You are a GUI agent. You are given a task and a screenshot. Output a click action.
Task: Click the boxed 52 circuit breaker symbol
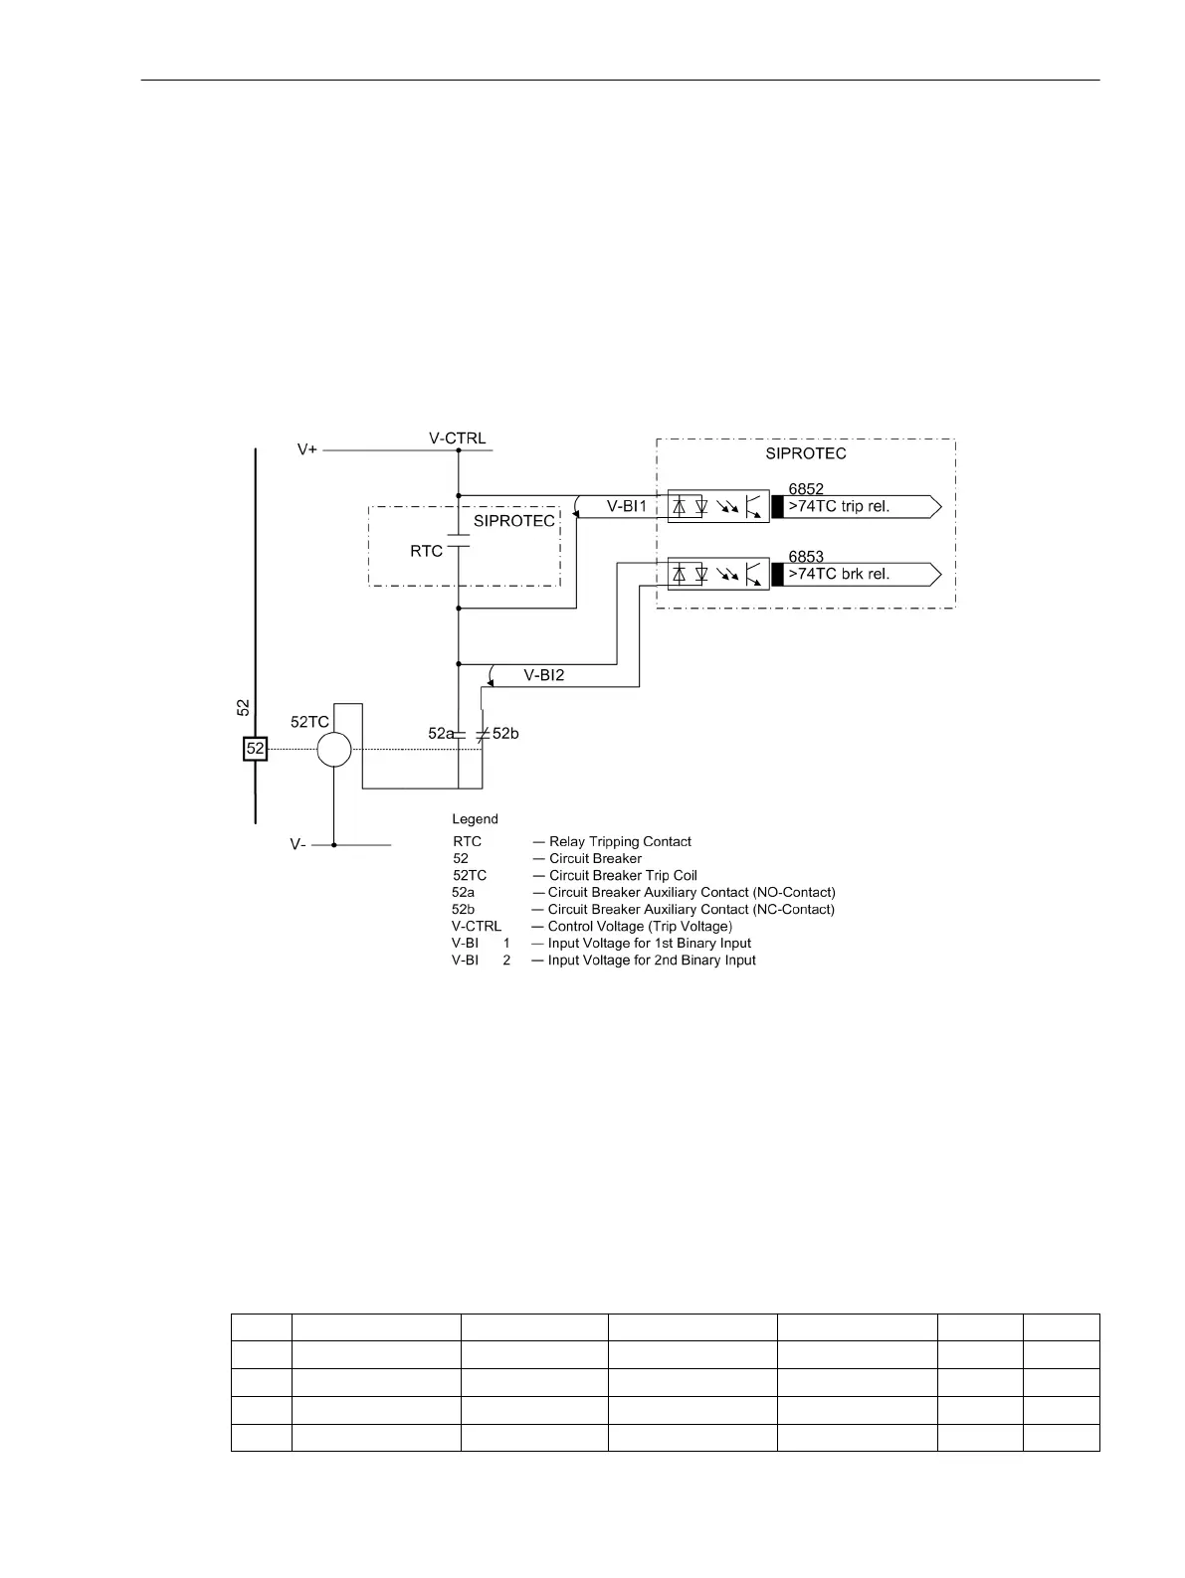[x=256, y=749]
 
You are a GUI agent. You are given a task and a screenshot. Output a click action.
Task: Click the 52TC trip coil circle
[x=334, y=749]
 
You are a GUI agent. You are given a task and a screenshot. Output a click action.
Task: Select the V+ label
[x=308, y=450]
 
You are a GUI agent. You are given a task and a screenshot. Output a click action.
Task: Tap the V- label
[x=298, y=844]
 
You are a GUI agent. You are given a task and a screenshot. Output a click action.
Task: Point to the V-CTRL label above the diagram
[x=458, y=438]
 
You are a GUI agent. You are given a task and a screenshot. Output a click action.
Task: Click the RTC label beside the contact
[x=427, y=551]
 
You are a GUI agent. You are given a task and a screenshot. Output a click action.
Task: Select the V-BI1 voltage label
[x=627, y=507]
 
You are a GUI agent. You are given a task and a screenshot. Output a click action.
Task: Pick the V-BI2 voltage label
[x=544, y=675]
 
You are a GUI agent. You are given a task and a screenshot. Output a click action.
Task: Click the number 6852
[x=806, y=489]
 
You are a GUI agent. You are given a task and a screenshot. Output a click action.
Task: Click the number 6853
[x=806, y=557]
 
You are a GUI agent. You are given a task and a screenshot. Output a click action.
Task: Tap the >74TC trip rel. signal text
[x=839, y=507]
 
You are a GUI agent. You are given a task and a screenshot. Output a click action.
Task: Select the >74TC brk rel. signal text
[x=839, y=574]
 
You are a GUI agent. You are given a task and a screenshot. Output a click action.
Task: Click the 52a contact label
[x=441, y=734]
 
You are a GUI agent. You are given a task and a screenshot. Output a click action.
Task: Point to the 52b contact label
[x=506, y=734]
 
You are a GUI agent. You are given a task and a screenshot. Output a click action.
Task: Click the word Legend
[x=475, y=819]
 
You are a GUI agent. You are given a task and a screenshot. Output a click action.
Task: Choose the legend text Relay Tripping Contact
[x=620, y=842]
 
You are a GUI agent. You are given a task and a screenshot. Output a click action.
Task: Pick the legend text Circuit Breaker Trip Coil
[x=623, y=876]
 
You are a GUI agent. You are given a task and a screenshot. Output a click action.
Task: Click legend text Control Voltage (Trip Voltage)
[x=640, y=927]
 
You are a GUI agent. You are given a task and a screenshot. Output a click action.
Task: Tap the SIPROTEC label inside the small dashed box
[x=513, y=521]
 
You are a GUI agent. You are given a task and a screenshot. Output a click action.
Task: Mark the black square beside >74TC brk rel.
[x=777, y=575]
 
